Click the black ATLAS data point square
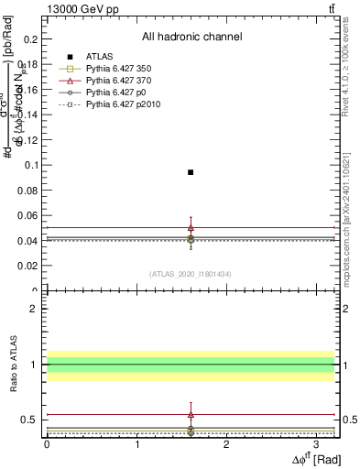point(191,172)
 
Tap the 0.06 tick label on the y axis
point(29,215)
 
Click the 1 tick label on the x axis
point(136,444)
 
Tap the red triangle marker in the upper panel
point(191,227)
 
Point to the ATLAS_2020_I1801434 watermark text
point(191,274)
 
